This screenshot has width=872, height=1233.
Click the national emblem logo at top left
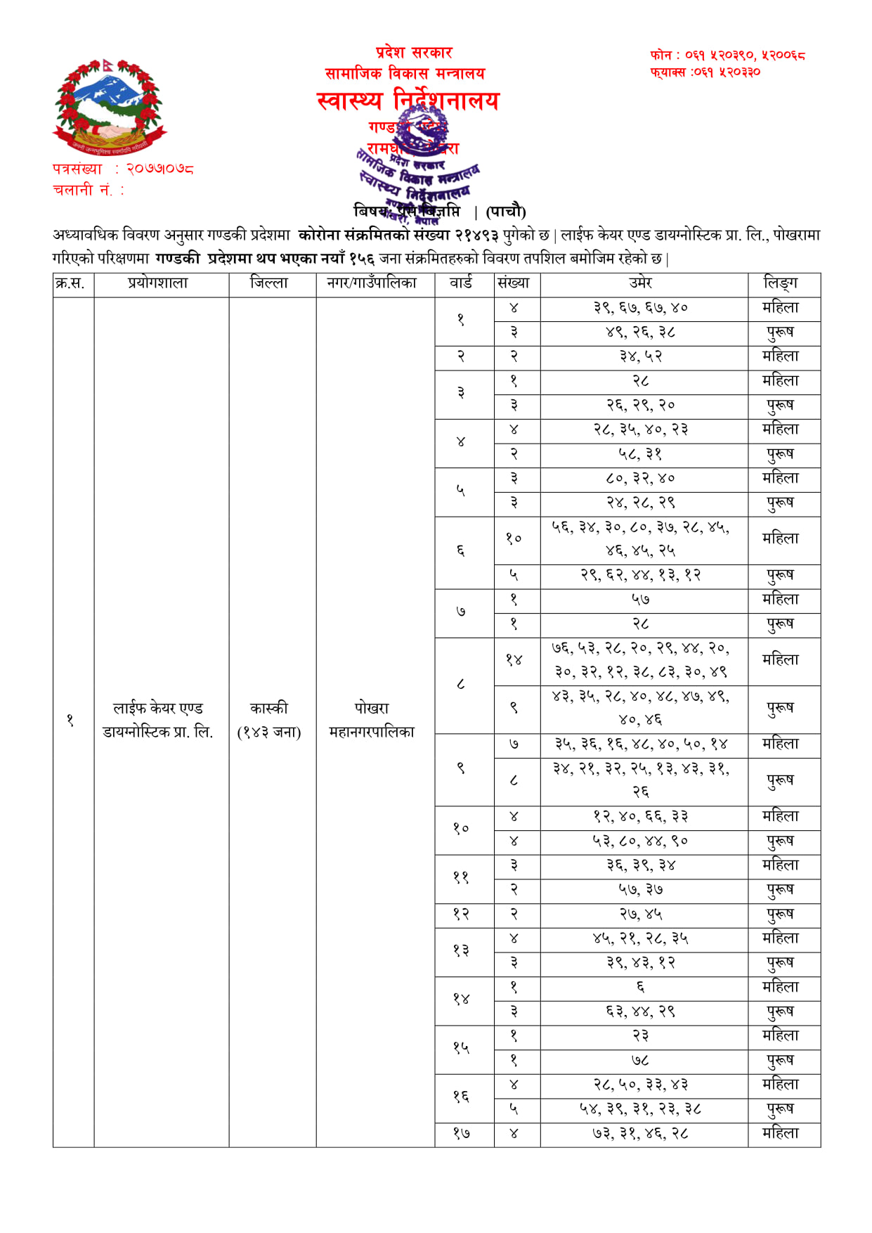point(109,107)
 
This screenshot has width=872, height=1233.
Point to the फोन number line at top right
point(727,55)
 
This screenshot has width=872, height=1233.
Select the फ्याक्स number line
point(705,72)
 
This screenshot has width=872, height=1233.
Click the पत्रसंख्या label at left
point(78,169)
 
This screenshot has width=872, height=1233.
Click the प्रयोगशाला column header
point(158,283)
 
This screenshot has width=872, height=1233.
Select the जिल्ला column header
point(269,283)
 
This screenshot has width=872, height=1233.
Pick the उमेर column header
point(641,283)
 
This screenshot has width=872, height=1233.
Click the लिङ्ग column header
point(781,283)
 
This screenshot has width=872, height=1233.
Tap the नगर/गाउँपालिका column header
point(372,283)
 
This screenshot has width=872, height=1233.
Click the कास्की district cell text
point(269,709)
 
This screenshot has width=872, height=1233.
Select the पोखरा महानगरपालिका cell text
point(372,720)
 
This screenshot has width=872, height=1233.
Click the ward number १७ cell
point(461,1133)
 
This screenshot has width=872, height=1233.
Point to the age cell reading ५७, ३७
point(641,890)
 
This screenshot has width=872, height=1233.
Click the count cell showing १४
point(514,660)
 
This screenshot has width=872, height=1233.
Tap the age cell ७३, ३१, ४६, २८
point(641,1133)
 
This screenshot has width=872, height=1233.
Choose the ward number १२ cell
point(461,915)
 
